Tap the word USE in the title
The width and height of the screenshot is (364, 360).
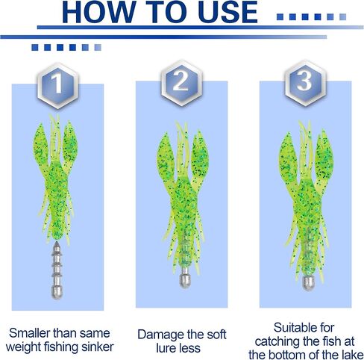228,12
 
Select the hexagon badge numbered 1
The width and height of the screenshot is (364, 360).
57,85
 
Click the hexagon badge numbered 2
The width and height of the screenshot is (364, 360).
181,83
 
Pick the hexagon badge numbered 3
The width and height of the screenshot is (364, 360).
305,83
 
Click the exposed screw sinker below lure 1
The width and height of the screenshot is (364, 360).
57,270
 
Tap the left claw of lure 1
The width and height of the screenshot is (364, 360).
40,147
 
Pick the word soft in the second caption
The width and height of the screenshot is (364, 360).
216,335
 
